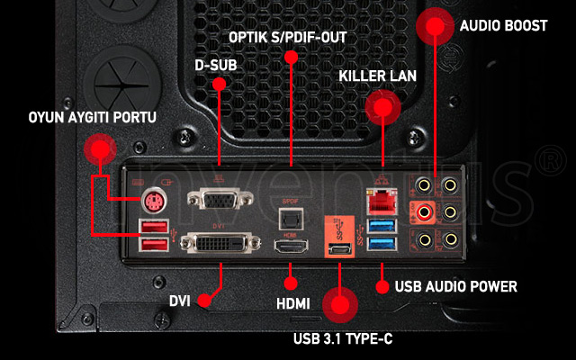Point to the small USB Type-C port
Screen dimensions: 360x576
pyautogui.click(x=340, y=249)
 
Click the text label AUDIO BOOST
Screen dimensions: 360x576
pyautogui.click(x=503, y=26)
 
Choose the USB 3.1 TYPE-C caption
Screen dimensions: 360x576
pyautogui.click(x=343, y=339)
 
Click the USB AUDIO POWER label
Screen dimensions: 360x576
pyautogui.click(x=456, y=287)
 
